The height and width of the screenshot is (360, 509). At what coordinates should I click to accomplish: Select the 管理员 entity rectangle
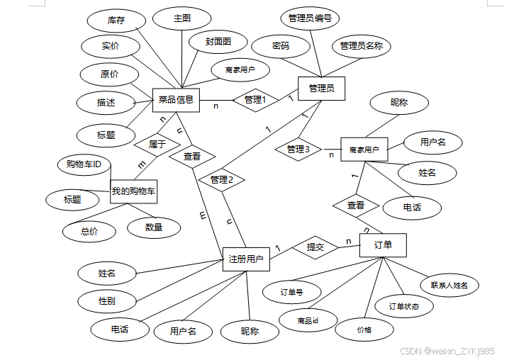coord(321,89)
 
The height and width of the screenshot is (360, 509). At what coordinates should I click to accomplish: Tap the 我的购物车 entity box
coord(133,191)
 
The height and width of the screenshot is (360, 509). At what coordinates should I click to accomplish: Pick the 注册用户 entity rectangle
coord(246,259)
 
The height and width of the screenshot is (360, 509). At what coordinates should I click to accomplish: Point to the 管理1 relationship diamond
coord(254,100)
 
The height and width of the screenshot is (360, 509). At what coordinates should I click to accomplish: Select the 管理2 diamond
coord(221,180)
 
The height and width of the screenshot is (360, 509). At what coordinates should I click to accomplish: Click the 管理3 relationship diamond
coord(298,150)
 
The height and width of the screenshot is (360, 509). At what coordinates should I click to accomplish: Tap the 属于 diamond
coord(157,144)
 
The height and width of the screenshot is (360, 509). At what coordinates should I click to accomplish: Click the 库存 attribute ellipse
coord(116,21)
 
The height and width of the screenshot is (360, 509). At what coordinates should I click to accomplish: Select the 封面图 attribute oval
coord(218,42)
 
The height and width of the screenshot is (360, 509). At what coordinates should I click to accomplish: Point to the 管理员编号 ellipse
coord(310,18)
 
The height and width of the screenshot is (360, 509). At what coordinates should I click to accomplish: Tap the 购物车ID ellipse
coord(84,165)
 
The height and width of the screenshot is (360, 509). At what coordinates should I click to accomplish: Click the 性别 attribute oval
coord(107,300)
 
